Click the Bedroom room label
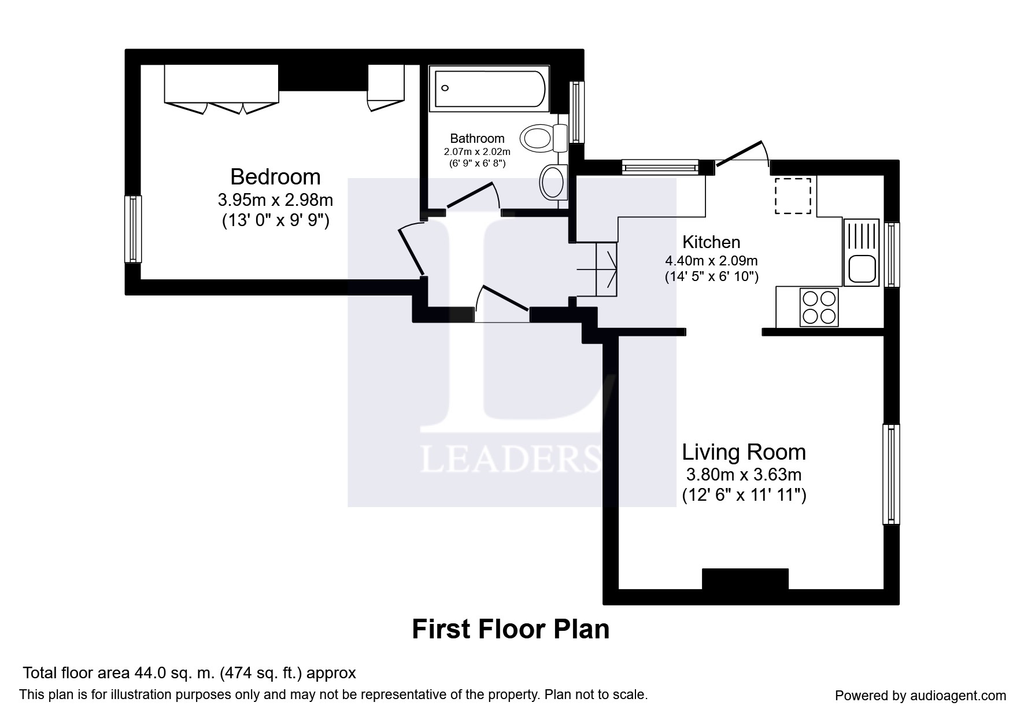pyautogui.click(x=275, y=176)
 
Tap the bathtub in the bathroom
pyautogui.click(x=489, y=88)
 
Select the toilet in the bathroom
pyautogui.click(x=544, y=138)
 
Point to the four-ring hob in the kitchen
pyautogui.click(x=819, y=307)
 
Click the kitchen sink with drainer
pyautogui.click(x=861, y=252)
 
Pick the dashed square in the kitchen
pyautogui.click(x=793, y=196)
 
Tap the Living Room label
pyautogui.click(x=744, y=452)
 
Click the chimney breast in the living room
pyautogui.click(x=745, y=579)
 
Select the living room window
pyautogui.click(x=891, y=474)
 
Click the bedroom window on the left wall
pyautogui.click(x=133, y=229)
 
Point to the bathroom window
pyautogui.click(x=576, y=112)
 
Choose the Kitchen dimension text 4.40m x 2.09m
pyautogui.click(x=711, y=261)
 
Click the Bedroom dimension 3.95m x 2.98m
pyautogui.click(x=275, y=201)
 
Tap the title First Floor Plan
pyautogui.click(x=511, y=629)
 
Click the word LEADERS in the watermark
pyautogui.click(x=510, y=459)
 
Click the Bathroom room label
pyautogui.click(x=477, y=138)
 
